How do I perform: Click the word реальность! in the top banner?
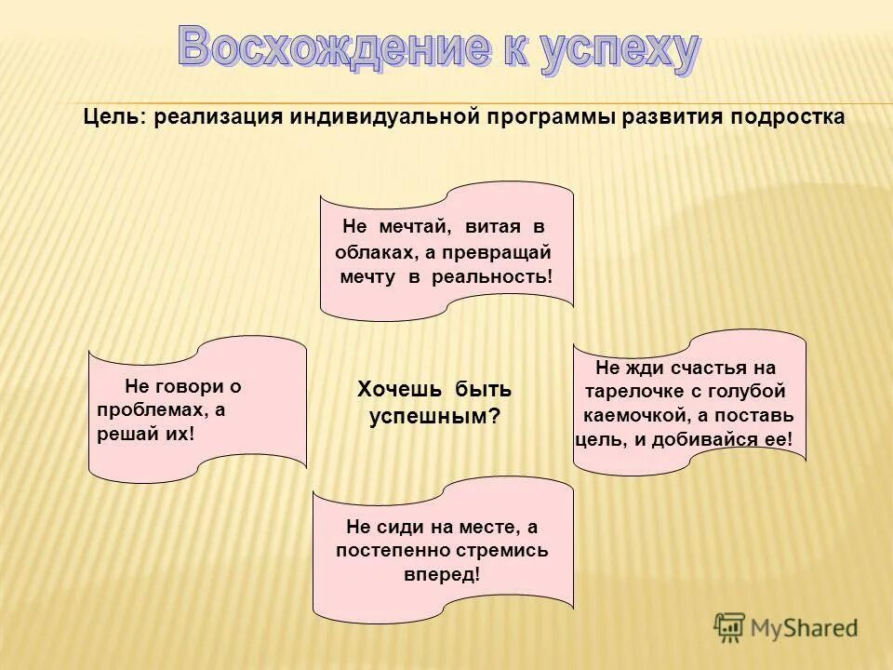[492, 277]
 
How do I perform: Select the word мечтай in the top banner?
[413, 227]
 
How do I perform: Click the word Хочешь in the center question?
[392, 389]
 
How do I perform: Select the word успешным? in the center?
[433, 417]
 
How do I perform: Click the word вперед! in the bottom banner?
[442, 574]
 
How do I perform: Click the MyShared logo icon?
[730, 628]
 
